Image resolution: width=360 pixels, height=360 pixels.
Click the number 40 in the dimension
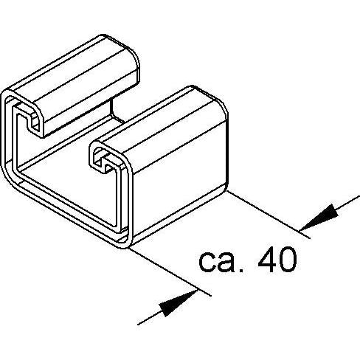click(277, 260)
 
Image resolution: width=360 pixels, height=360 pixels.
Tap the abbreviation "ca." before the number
click(221, 263)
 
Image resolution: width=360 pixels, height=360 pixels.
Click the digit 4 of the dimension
click(267, 260)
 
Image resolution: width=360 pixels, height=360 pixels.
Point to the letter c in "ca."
click(207, 263)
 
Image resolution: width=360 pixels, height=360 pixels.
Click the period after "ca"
click(241, 270)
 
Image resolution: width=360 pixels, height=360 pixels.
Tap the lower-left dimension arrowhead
click(179, 303)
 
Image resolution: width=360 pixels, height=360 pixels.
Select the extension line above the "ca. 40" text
click(268, 215)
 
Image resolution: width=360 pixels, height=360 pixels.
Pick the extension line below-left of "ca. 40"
click(170, 271)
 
